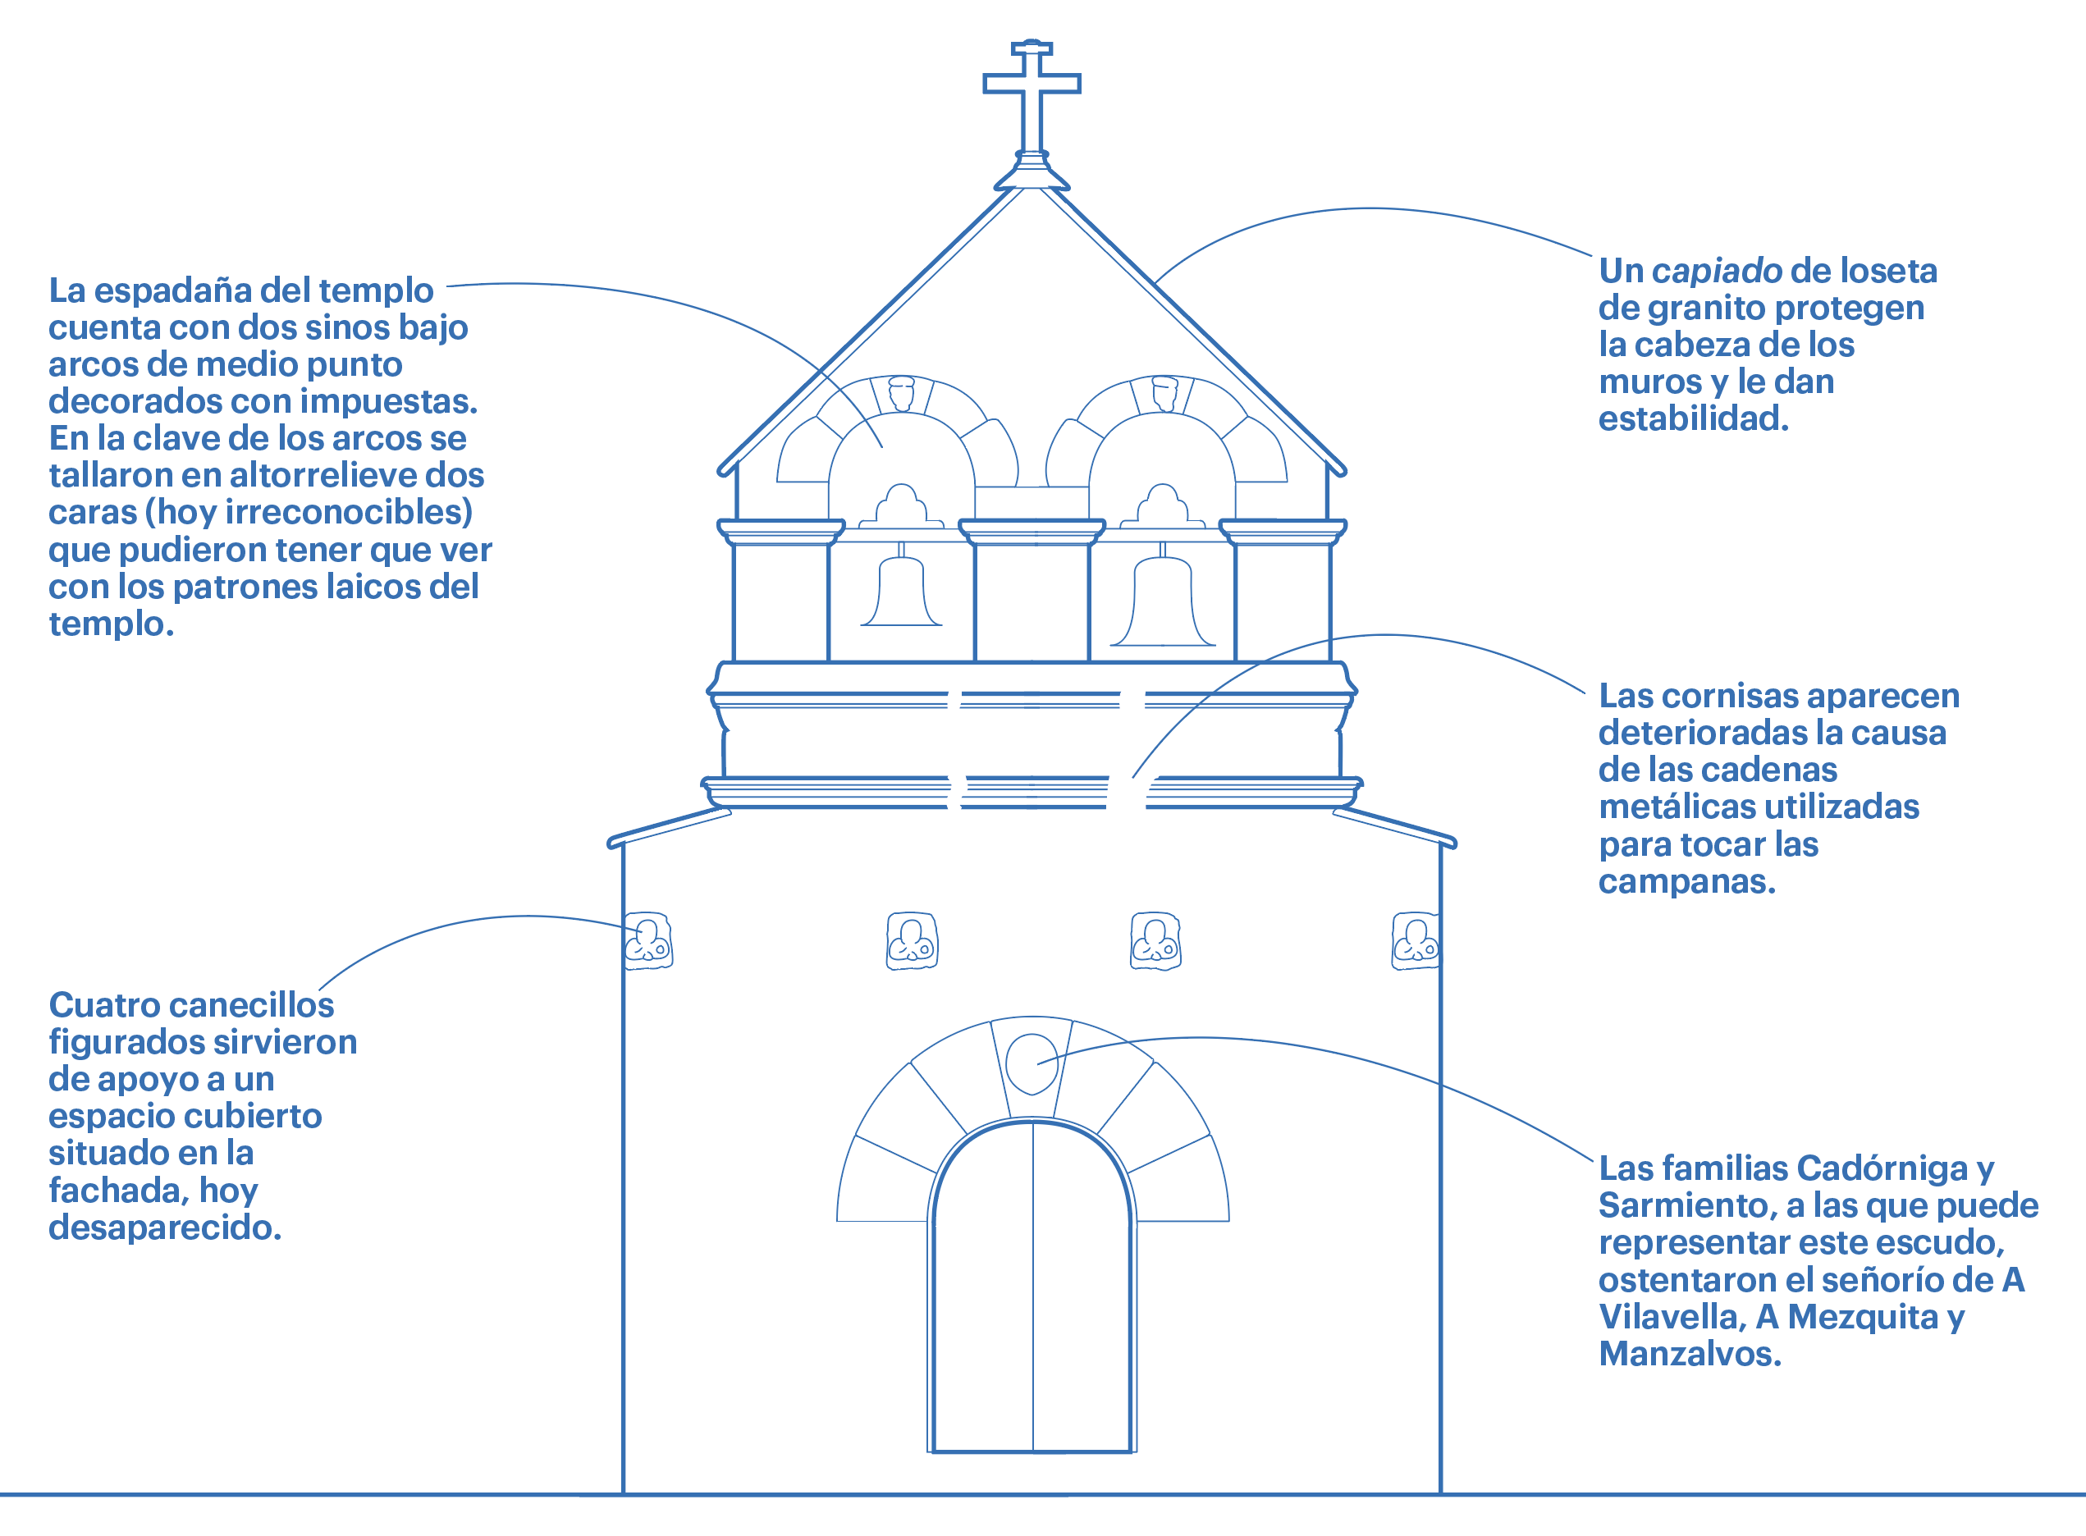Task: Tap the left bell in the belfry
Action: pos(900,592)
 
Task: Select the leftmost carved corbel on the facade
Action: pos(648,941)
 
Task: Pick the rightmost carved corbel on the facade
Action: pos(1416,941)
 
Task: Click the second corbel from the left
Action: pos(912,941)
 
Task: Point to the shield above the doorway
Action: pos(1032,1063)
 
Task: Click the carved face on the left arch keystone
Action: pos(901,392)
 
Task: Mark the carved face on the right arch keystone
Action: pos(1164,392)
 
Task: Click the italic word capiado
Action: pos(1716,271)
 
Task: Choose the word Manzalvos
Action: pos(1689,1354)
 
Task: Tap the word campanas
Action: pos(1686,881)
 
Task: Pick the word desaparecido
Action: pos(165,1227)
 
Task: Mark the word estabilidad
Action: pos(1693,418)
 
